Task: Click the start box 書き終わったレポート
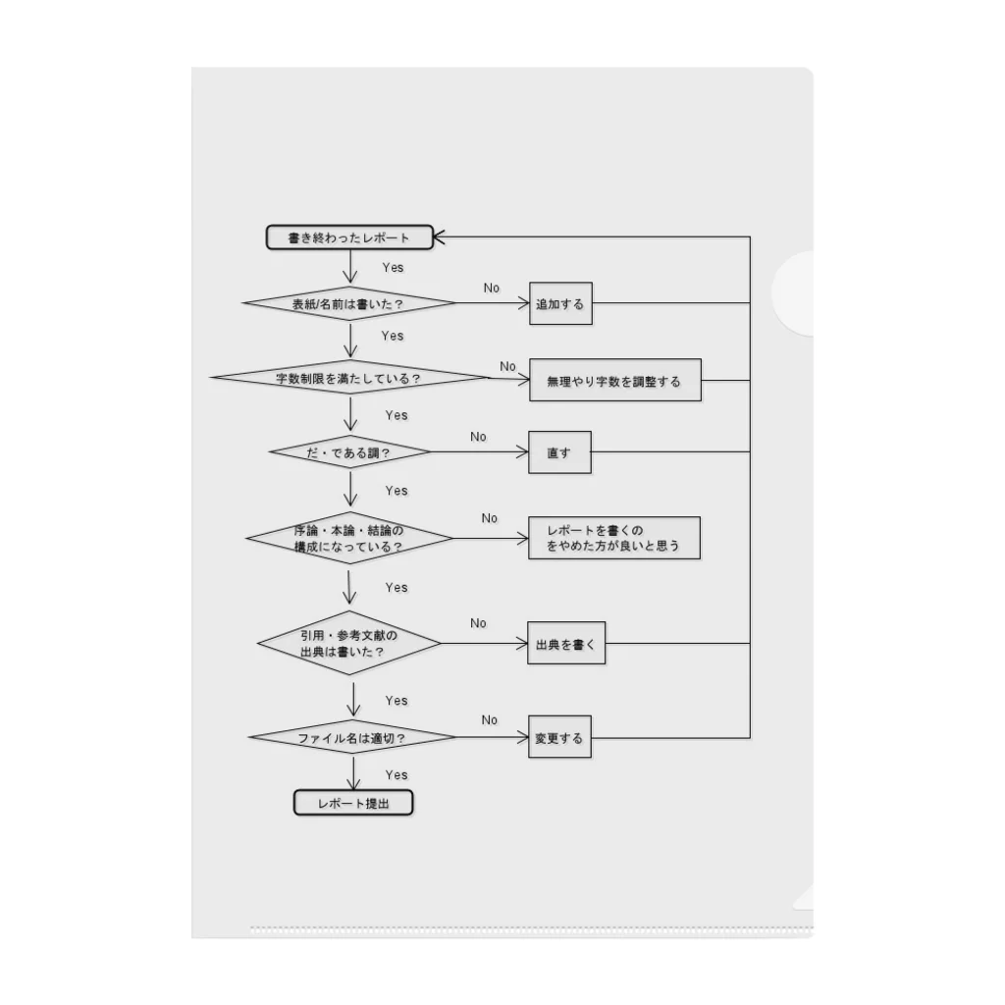point(348,238)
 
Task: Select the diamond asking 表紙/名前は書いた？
point(348,304)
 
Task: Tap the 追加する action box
point(559,304)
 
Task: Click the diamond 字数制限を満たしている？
point(348,378)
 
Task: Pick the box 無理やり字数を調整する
point(614,381)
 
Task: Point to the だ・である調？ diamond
point(349,453)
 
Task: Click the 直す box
point(559,452)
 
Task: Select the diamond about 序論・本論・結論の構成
point(348,538)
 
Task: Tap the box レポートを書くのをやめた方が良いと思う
point(613,538)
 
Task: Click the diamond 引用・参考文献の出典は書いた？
point(348,644)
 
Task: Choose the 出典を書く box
point(566,644)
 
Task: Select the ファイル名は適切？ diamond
point(351,737)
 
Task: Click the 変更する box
point(559,738)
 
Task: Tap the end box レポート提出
point(353,803)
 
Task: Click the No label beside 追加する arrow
point(492,288)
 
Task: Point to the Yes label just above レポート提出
point(397,774)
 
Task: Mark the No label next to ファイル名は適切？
point(490,719)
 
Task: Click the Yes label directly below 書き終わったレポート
point(393,267)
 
